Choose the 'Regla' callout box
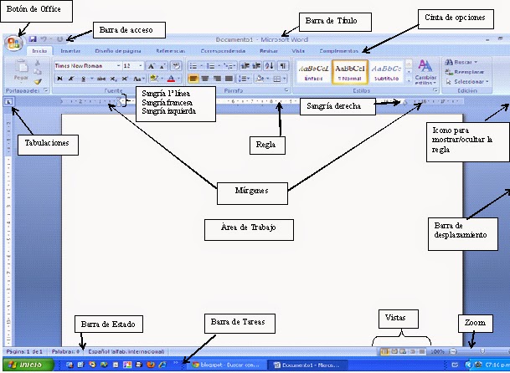(x=265, y=144)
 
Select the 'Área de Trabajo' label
(x=248, y=227)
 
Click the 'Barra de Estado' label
(x=109, y=324)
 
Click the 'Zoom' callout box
(x=472, y=322)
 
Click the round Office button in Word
(x=14, y=43)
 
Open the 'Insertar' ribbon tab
(x=70, y=51)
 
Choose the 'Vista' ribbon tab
(x=299, y=51)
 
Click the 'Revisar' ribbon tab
(x=270, y=51)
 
